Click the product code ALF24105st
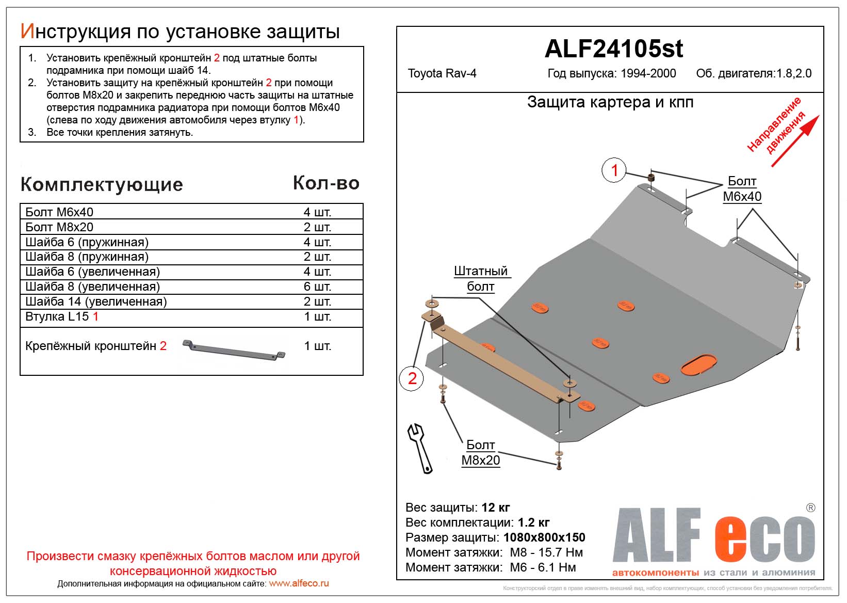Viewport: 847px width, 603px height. [613, 49]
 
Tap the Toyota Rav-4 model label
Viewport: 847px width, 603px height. [442, 73]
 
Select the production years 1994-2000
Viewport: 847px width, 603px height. [648, 73]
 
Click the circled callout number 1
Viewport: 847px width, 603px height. [614, 170]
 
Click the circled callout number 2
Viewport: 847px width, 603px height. [412, 378]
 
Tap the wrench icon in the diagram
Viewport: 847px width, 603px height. [420, 448]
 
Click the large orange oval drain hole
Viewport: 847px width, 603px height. [699, 364]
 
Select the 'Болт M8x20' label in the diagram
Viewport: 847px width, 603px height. [480, 453]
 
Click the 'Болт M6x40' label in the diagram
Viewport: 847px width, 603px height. [742, 189]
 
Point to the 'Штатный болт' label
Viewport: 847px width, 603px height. [480, 279]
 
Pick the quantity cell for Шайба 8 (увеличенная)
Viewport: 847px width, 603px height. [317, 287]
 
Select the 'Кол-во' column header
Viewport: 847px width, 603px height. [326, 183]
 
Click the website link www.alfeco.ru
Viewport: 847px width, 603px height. [299, 583]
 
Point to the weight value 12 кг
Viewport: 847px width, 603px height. [495, 507]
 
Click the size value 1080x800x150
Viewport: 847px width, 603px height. [544, 537]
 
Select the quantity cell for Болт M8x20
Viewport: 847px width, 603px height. [317, 227]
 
